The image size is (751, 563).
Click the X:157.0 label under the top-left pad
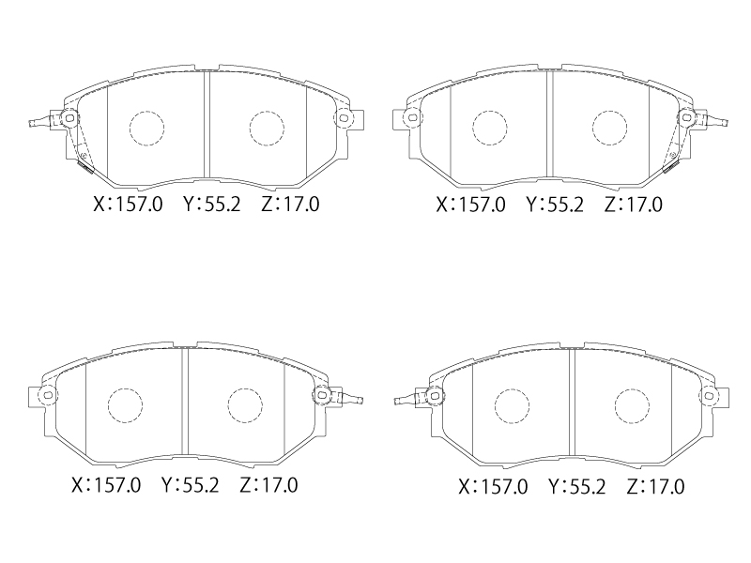pyautogui.click(x=128, y=205)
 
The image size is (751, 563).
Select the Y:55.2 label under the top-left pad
pyautogui.click(x=212, y=205)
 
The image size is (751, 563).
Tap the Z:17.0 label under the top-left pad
pyautogui.click(x=290, y=205)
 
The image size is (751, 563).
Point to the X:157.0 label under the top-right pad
pyautogui.click(x=471, y=205)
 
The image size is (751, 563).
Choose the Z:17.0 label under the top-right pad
pyautogui.click(x=633, y=205)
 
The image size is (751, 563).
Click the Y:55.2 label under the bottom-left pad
pyautogui.click(x=191, y=485)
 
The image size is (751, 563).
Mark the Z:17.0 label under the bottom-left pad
pyautogui.click(x=268, y=485)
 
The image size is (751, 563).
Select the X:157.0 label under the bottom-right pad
pyautogui.click(x=494, y=487)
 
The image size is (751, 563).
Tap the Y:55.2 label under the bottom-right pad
pyautogui.click(x=577, y=487)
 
